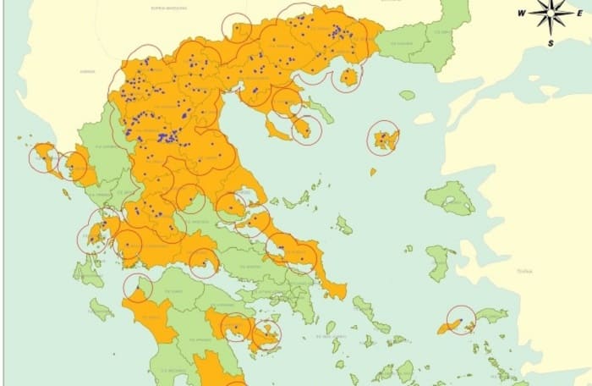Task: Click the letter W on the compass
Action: coord(522,13)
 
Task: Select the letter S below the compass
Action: coord(551,42)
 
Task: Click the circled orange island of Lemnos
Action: coord(385,138)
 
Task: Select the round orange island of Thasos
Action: coord(348,79)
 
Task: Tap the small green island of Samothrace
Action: coord(408,95)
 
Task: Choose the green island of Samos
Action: coord(491,316)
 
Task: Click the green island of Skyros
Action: coord(343,225)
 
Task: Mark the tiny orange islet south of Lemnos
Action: coord(372,172)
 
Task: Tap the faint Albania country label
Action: coord(88,72)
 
